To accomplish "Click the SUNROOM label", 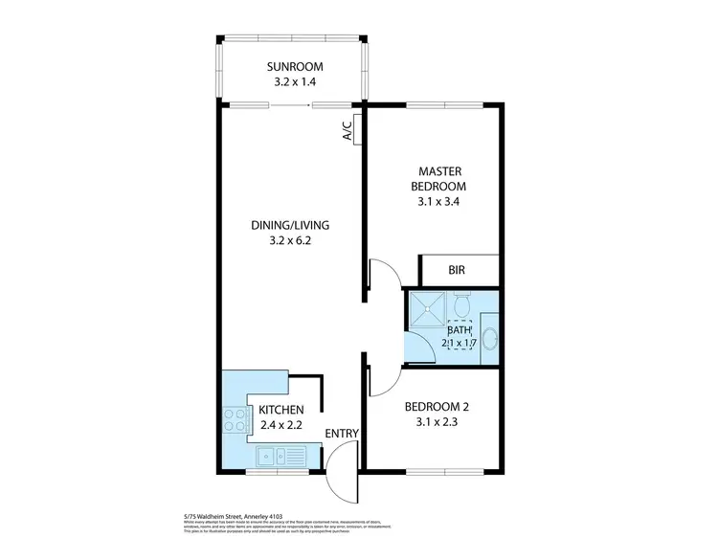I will (295, 67).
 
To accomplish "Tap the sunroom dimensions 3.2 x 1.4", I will (295, 82).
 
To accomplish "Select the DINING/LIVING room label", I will (290, 226).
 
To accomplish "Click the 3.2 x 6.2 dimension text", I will (290, 241).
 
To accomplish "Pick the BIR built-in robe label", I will (460, 271).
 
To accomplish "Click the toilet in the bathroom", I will (461, 305).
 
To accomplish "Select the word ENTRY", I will (342, 434).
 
